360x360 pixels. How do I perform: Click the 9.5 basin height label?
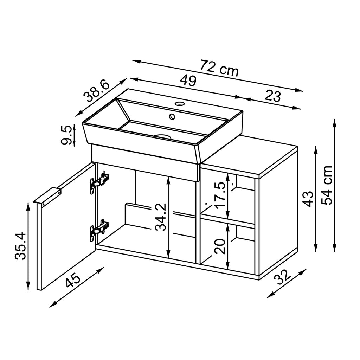(67, 135)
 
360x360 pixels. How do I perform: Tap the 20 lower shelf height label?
(220, 246)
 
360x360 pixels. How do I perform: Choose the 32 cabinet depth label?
(284, 277)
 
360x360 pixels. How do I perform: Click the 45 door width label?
(73, 281)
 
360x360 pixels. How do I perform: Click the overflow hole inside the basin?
(172, 116)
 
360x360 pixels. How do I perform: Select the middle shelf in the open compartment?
(227, 220)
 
